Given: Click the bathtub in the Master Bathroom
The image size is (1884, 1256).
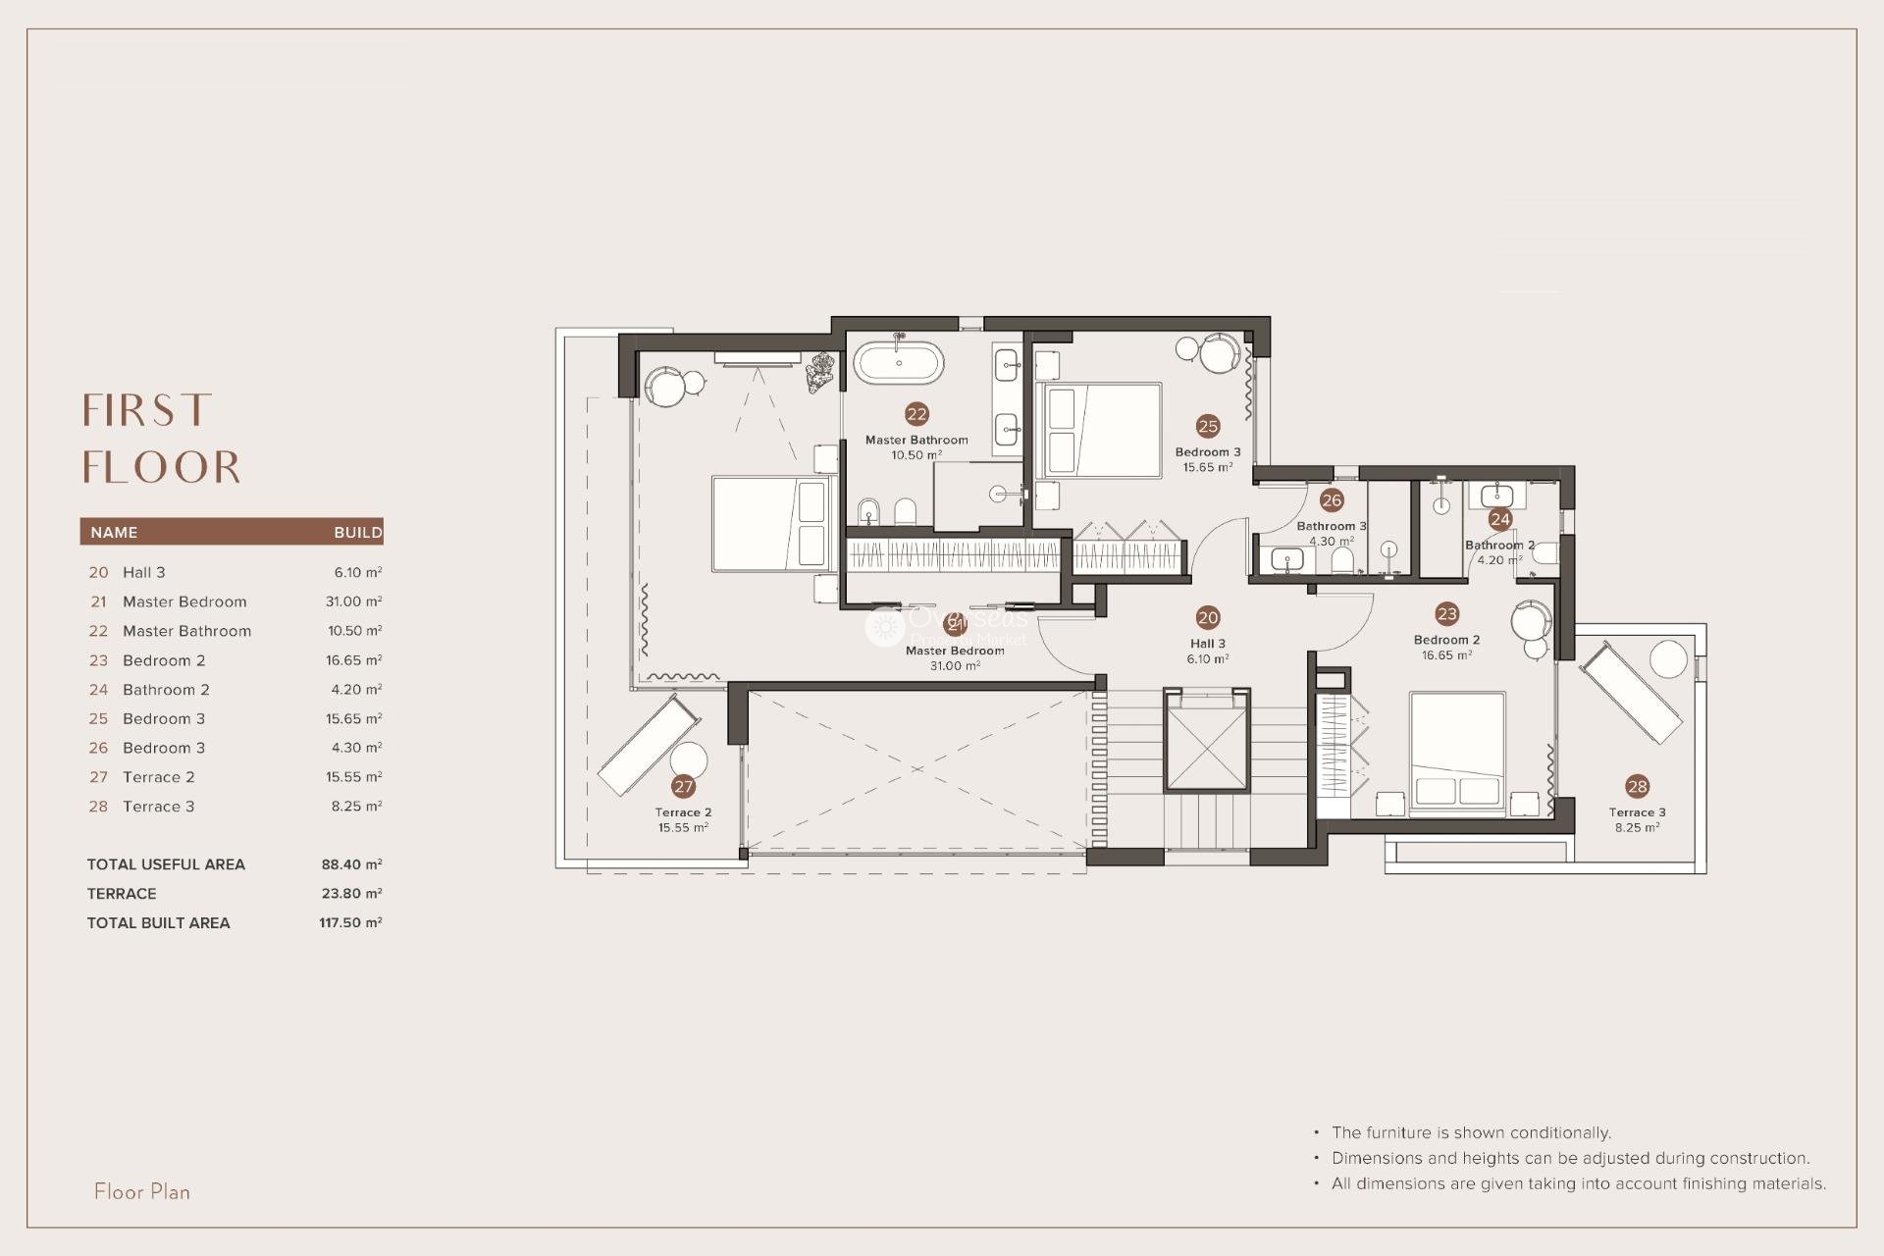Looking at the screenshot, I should [x=899, y=363].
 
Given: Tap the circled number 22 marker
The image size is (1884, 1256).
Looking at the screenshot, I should [x=916, y=414].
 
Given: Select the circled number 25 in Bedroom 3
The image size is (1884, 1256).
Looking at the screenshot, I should [x=1208, y=426].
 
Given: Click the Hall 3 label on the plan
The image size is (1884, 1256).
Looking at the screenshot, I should [x=1207, y=645].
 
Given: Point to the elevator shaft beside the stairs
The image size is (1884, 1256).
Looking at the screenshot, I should [x=1207, y=740].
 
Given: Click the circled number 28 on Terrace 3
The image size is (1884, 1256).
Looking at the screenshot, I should [x=1637, y=786].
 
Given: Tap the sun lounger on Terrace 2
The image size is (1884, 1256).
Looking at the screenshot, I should [x=649, y=746].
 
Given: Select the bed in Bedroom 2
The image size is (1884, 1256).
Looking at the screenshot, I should [x=1457, y=754].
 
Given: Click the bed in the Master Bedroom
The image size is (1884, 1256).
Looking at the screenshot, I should [x=771, y=523].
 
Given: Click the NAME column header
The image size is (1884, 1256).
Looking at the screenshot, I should [x=114, y=532].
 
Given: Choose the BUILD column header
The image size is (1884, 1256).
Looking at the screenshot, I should [x=357, y=532].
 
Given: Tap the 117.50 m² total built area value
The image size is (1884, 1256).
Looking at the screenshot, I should [x=350, y=922].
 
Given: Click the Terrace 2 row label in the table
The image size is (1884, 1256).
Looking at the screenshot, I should [x=158, y=777].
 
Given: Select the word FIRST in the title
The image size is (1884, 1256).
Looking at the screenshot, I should [x=147, y=410].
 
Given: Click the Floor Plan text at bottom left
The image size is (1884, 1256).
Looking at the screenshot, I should [x=142, y=1191].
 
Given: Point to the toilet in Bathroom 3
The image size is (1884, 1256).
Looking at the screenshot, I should [x=1342, y=560].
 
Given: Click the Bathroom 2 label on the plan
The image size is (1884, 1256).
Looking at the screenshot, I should [x=1499, y=546].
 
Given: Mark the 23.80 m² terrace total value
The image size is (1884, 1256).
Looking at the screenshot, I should [x=351, y=893].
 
